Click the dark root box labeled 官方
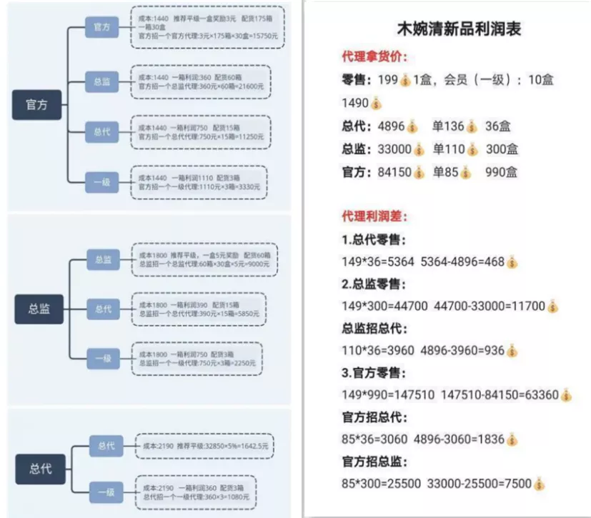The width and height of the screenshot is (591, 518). point(36,105)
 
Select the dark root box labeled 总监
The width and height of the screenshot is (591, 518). point(39,309)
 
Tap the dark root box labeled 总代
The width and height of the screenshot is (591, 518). point(39,469)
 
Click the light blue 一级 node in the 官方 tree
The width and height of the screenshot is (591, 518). point(101,182)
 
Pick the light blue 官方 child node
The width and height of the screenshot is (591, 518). point(101,28)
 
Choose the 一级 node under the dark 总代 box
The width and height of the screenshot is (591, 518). point(105,492)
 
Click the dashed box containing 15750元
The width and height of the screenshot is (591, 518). point(207,27)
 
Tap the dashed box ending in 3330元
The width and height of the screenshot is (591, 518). point(198,182)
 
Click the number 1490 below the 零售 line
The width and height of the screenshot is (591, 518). point(355,103)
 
